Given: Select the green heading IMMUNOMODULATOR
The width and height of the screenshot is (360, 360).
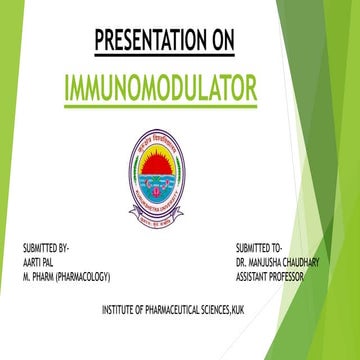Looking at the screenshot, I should coord(160,87).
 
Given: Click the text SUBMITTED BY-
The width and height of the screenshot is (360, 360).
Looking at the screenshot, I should coord(46,246).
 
